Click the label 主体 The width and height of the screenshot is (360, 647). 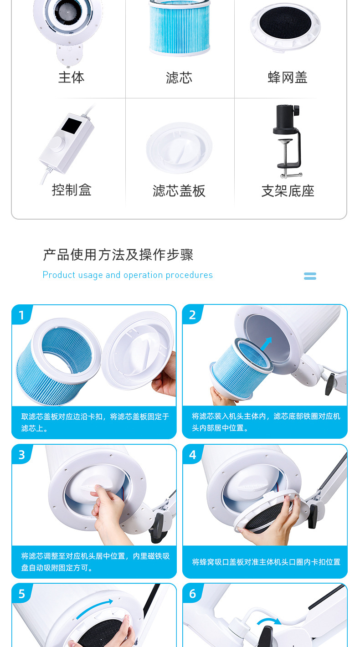[x=71, y=77]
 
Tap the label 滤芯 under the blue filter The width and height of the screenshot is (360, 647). [x=179, y=78]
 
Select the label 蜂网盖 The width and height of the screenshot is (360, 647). [x=288, y=78]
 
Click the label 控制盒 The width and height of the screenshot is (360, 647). [x=72, y=190]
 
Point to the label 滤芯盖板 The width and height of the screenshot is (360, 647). [x=179, y=191]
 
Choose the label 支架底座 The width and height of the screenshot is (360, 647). [x=288, y=191]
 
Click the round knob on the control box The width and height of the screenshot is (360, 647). [x=58, y=144]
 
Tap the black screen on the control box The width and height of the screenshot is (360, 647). [x=71, y=126]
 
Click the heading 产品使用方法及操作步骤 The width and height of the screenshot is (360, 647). [x=118, y=255]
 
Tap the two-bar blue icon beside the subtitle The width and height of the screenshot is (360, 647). [x=310, y=276]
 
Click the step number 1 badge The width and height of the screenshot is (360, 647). [x=21, y=315]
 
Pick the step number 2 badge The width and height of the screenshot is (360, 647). [x=192, y=315]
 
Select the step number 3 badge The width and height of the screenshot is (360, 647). [x=21, y=455]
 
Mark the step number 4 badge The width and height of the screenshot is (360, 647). [x=192, y=455]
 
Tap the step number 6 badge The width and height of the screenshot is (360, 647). [x=192, y=594]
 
